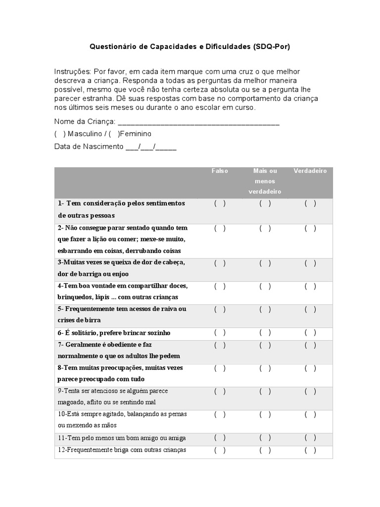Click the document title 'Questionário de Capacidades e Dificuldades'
point(190,47)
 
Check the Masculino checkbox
point(60,134)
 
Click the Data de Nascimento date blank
point(151,147)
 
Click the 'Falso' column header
point(220,171)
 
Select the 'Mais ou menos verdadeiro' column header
point(265,181)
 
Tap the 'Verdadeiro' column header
point(310,171)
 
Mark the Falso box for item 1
point(220,203)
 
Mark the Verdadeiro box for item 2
point(310,228)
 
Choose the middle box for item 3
point(265,263)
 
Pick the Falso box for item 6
point(220,333)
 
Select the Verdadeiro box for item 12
point(310,450)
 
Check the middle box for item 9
point(265,391)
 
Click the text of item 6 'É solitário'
point(114,333)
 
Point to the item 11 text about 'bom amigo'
point(121,438)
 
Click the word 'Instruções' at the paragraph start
point(72,72)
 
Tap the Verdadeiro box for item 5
point(310,309)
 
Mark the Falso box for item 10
point(220,414)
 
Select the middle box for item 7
point(265,345)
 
